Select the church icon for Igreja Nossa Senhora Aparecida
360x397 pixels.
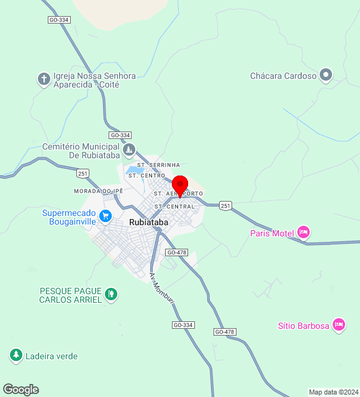(43, 79)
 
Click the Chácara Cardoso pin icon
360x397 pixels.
(326, 76)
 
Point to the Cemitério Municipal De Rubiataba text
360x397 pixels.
(81, 151)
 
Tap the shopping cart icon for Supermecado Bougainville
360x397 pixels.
(106, 216)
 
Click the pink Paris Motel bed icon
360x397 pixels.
(303, 233)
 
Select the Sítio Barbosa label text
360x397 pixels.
(303, 326)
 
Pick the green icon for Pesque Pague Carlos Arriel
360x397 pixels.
(110, 293)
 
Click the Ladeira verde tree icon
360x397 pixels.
(16, 355)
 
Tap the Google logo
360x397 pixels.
(20, 390)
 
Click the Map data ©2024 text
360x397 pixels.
(333, 392)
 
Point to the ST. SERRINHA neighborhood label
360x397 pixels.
(158, 164)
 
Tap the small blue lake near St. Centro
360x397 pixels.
(134, 169)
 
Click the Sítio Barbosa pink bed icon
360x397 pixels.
(338, 324)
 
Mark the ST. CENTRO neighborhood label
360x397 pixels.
(146, 176)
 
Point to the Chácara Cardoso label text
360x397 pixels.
(283, 76)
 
